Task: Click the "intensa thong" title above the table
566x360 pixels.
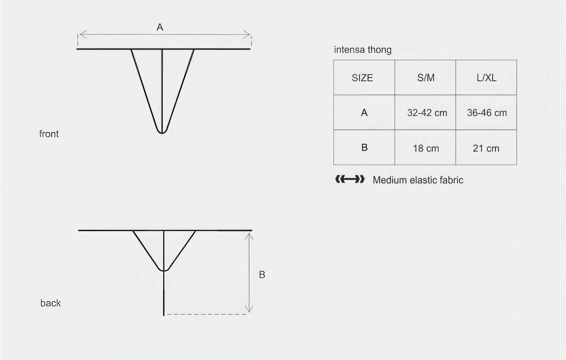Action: coord(363,50)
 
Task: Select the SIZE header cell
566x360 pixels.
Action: coord(364,78)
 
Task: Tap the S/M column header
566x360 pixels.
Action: coord(425,78)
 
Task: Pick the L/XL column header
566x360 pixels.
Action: coord(486,78)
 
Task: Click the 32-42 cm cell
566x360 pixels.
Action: coord(425,112)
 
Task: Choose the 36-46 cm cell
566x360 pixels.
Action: coord(486,112)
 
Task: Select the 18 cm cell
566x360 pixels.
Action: coord(425,148)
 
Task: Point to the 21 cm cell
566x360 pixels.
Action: coord(486,148)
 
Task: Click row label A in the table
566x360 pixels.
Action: coord(364,112)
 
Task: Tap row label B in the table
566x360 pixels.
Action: coord(365,147)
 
